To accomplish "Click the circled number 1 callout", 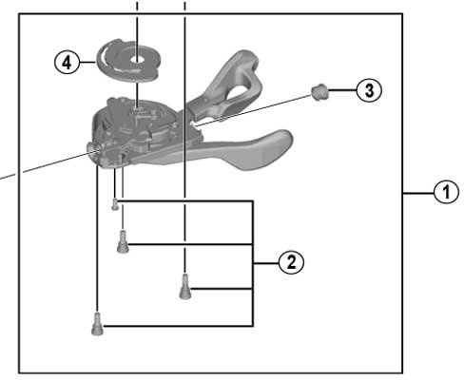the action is pos(446,192).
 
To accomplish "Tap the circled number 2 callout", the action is pos(291,263).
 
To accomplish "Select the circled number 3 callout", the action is pos(369,90).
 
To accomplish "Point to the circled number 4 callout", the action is pos(67,63).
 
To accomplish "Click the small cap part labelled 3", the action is pos(319,92).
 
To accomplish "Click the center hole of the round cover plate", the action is pos(137,59).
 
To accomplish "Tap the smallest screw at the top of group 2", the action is pos(115,204).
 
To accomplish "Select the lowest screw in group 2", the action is pos(97,324).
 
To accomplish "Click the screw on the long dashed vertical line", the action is pos(185,287).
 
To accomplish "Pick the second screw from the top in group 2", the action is pos(123,242).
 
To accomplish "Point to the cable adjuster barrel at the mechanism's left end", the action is pos(92,147).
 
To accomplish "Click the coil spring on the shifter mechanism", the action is pos(126,148).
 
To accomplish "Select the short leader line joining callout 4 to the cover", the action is pos(87,63).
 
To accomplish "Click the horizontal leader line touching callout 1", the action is pos(418,192).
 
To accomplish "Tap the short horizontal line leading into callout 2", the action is pos(266,263).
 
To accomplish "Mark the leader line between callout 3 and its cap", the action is pos(342,90).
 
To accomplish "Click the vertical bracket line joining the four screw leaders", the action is pos(252,263).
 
